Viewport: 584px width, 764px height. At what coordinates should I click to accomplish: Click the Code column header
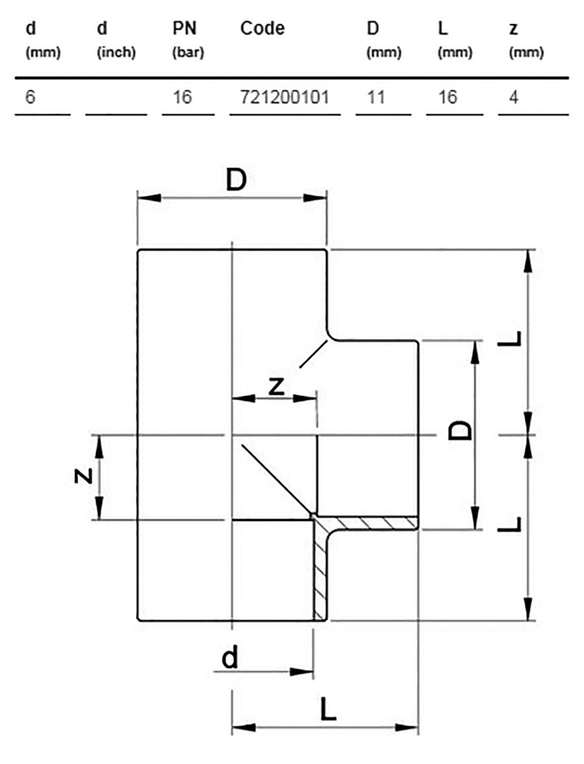click(262, 28)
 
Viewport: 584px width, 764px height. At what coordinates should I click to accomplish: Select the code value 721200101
click(285, 98)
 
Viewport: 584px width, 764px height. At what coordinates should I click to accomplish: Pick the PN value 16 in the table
click(183, 98)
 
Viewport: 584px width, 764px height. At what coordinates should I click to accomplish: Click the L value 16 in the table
click(447, 98)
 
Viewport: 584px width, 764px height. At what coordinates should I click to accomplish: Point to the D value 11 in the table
click(376, 98)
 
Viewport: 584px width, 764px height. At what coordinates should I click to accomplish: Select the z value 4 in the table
click(514, 98)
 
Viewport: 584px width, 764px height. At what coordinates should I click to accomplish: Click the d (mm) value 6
click(30, 98)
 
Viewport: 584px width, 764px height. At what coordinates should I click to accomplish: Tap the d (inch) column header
click(116, 39)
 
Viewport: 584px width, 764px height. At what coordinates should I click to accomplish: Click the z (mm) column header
click(526, 39)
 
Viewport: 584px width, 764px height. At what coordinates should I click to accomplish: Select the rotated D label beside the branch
click(460, 430)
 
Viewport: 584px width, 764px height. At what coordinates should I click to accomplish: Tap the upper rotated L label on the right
click(510, 339)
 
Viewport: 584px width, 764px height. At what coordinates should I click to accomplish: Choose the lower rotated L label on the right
click(510, 523)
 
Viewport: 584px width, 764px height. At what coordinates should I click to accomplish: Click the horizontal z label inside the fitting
click(276, 387)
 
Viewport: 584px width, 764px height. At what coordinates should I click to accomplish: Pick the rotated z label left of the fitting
click(84, 475)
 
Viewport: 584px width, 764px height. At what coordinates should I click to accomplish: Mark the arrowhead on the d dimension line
click(302, 672)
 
